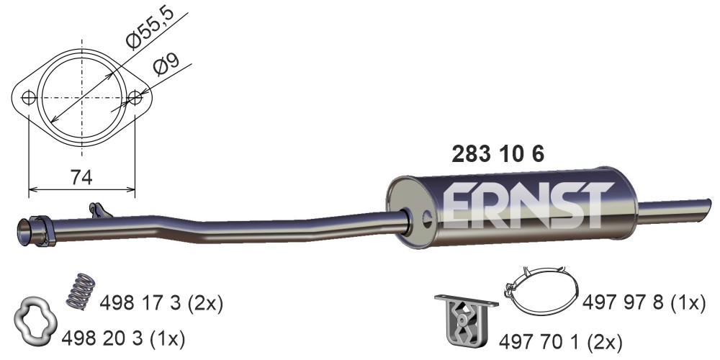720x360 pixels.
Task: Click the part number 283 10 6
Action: (498, 154)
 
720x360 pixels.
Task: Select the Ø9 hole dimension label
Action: (166, 64)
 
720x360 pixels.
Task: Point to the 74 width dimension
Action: (81, 177)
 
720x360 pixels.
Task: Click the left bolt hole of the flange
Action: (29, 97)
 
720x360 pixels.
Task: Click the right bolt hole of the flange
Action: (135, 97)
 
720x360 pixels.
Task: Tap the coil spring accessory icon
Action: (81, 291)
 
